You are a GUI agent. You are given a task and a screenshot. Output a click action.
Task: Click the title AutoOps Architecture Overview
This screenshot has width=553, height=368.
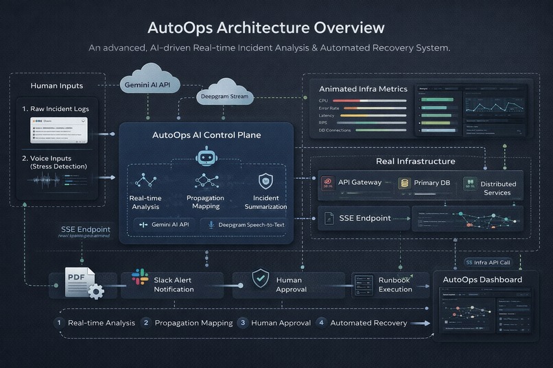pyautogui.click(x=266, y=28)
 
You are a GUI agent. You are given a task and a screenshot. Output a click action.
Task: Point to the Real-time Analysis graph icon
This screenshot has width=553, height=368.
pyautogui.click(x=144, y=180)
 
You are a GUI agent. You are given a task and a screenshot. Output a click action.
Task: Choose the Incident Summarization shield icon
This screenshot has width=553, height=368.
pyautogui.click(x=265, y=181)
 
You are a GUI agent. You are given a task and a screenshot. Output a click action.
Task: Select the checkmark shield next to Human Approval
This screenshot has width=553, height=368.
pyautogui.click(x=259, y=279)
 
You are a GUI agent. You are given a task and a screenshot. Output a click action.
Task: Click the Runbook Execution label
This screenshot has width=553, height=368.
pyautogui.click(x=396, y=284)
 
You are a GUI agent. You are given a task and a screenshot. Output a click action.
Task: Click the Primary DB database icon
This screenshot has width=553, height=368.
pyautogui.click(x=405, y=183)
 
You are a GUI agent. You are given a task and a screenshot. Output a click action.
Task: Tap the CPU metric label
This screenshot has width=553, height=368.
pyautogui.click(x=325, y=101)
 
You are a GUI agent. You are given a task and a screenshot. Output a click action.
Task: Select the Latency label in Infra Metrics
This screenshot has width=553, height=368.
pyautogui.click(x=327, y=115)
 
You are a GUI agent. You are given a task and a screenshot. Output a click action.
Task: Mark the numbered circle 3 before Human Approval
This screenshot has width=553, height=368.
pyautogui.click(x=242, y=323)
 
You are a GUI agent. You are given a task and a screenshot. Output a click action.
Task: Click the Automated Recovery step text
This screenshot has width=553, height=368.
pyautogui.click(x=368, y=323)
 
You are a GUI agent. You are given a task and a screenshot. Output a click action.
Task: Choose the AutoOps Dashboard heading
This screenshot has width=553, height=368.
pyautogui.click(x=482, y=280)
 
